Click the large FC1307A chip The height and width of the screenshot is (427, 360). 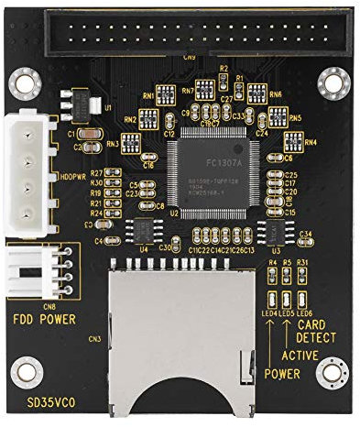click(x=213, y=164)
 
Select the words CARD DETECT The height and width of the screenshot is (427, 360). click(x=316, y=331)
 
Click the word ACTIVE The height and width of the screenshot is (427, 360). click(x=299, y=355)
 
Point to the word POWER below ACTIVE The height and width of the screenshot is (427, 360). click(x=281, y=374)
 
